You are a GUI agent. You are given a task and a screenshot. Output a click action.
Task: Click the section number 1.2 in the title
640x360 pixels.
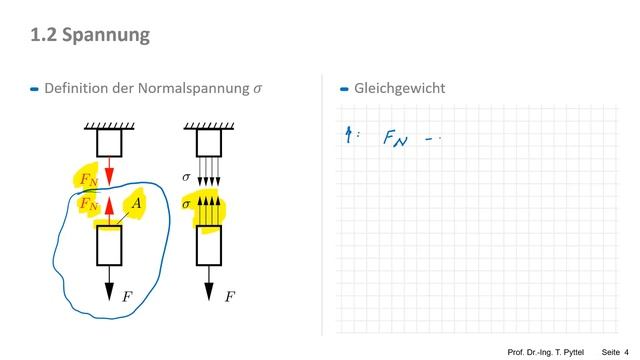(x=44, y=35)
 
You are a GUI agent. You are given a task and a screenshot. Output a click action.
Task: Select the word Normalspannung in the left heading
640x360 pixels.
(x=190, y=88)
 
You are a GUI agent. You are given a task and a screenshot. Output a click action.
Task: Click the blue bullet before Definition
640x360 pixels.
(x=35, y=89)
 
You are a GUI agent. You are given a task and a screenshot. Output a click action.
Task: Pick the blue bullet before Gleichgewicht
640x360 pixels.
(x=344, y=89)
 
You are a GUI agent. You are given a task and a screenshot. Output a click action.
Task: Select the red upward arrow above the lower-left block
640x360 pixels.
(x=110, y=209)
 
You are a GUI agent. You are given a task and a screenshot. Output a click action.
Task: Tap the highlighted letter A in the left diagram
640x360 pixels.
(x=138, y=203)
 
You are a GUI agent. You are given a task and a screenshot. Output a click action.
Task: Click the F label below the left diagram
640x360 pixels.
(x=127, y=296)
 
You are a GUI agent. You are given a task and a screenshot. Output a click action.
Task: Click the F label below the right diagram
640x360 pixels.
(x=229, y=296)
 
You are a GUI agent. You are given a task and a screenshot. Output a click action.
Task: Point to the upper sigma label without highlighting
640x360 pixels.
(x=186, y=176)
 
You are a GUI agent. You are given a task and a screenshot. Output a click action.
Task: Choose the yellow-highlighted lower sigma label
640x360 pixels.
(x=186, y=203)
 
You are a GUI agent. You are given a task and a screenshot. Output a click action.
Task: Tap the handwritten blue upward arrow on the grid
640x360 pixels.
(x=347, y=137)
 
